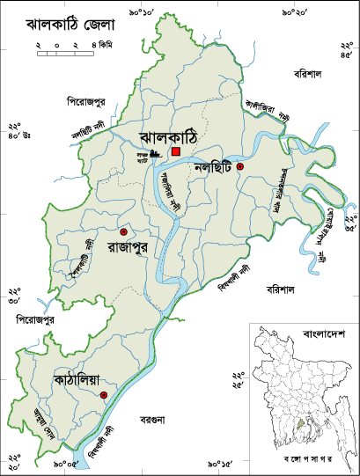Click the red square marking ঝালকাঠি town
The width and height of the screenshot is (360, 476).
coord(176,151)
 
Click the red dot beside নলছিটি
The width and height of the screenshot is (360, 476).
coord(239,165)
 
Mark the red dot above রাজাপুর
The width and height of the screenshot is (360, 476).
coord(123,231)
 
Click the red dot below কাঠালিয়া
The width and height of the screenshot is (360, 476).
coord(104,396)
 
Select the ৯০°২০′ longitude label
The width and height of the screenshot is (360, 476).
coord(294,13)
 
